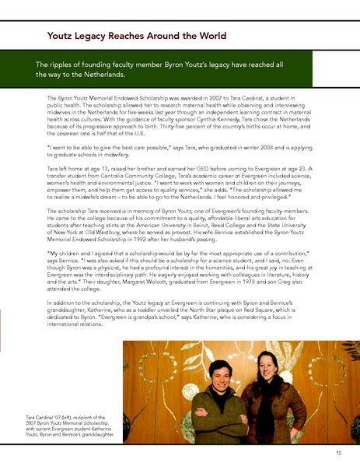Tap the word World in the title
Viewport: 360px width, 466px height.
click(x=209, y=36)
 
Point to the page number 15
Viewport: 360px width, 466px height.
click(x=338, y=453)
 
